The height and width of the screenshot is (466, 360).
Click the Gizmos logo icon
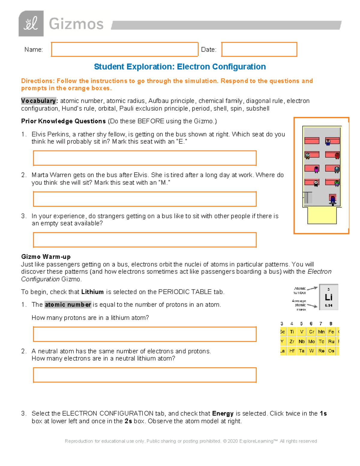coord(31,23)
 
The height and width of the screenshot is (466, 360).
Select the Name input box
coord(124,50)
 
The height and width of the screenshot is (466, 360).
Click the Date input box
coord(259,50)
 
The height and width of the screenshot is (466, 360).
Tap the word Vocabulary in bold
coord(39,101)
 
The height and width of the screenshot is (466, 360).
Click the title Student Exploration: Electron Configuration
coord(180,67)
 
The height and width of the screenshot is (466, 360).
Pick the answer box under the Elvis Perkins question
coord(145,158)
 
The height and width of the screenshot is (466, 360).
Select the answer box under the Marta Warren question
coord(145,199)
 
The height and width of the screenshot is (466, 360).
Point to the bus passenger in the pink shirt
coord(316,170)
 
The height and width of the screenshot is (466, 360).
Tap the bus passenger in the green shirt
coord(337,183)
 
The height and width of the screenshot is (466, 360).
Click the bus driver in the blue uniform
coord(332,200)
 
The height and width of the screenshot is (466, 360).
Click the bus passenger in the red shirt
coord(337,156)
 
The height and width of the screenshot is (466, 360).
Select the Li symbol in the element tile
coord(328,297)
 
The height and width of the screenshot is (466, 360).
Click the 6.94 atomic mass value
coord(328,305)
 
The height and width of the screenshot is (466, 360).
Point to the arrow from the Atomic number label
coord(312,288)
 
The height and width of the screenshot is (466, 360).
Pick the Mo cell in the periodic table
coord(311,341)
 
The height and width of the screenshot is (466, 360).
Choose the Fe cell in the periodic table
coord(331,332)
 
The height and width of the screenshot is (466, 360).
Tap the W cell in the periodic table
coord(311,351)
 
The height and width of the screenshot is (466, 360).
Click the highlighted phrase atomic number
coord(68,305)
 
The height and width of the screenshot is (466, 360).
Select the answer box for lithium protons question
coord(145,334)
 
